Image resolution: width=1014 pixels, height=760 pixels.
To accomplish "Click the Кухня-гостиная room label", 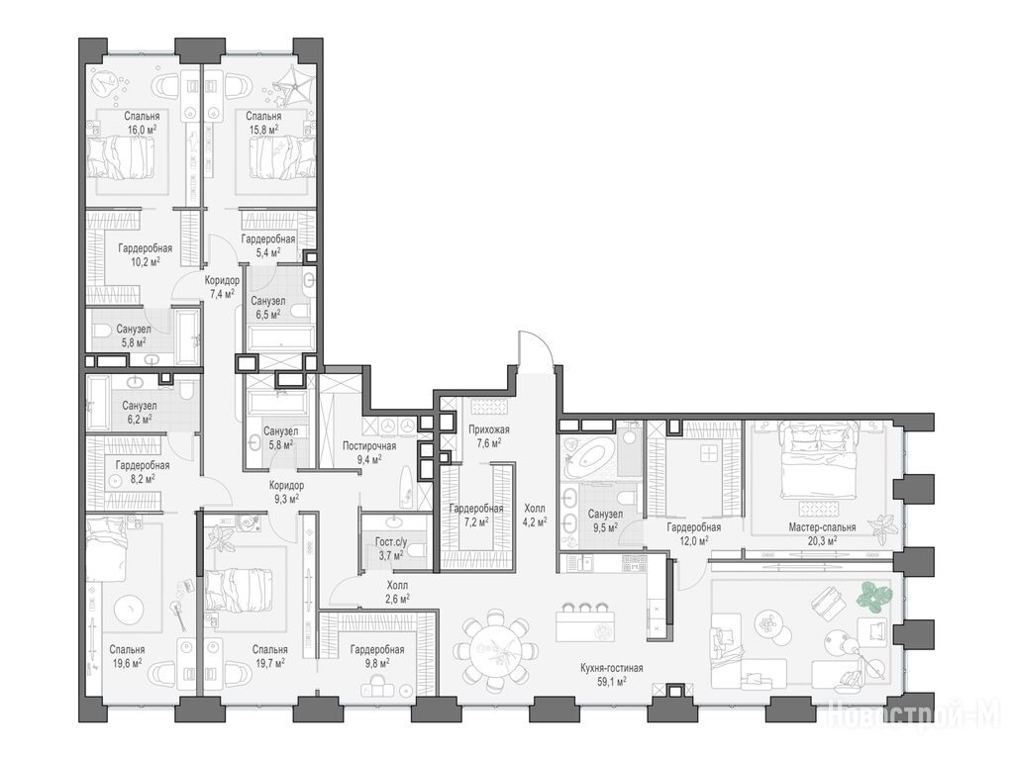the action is (x=611, y=668).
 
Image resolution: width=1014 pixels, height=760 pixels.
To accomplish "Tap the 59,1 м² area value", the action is (x=611, y=681).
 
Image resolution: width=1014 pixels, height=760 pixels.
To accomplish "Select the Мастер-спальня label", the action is (x=822, y=527).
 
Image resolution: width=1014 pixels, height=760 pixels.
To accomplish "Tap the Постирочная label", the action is (x=369, y=446).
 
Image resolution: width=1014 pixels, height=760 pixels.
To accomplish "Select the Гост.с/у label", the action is (x=391, y=541).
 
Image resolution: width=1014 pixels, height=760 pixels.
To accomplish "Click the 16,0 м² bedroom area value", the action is (x=142, y=130).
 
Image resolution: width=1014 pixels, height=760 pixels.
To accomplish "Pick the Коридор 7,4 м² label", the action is (x=222, y=287).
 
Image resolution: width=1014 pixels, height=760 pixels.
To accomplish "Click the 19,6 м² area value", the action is (x=127, y=662).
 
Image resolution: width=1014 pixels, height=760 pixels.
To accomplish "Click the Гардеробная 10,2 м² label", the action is (x=145, y=254).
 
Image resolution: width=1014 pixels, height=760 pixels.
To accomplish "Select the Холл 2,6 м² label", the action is (x=396, y=592).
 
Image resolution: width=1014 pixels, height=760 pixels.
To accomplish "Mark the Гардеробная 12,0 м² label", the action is (x=694, y=533).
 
